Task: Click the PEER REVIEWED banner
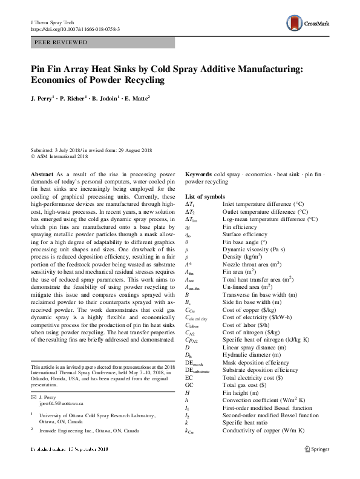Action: point(102,42)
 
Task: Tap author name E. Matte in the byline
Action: point(137,97)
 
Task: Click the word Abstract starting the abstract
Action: point(42,174)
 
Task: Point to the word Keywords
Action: point(198,174)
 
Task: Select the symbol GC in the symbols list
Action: point(189,385)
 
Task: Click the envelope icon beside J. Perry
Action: point(33,397)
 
